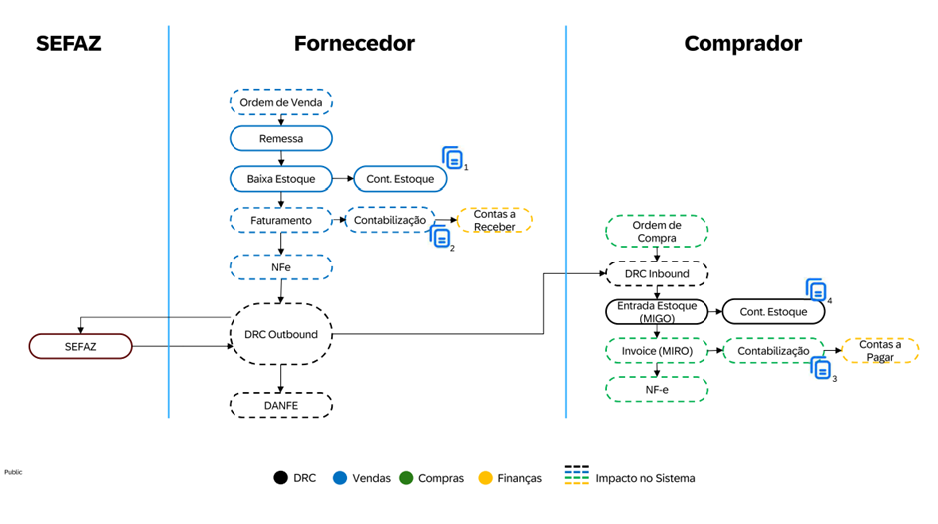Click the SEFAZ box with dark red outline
(80, 346)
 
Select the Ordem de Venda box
(280, 102)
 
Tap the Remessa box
(280, 138)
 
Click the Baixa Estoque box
(280, 179)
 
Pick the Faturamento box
(280, 220)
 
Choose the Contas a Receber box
(494, 220)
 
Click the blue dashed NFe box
(280, 267)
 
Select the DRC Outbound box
(280, 334)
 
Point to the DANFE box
(280, 404)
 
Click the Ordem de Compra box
(657, 231)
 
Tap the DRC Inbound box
(657, 274)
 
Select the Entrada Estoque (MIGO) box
(657, 311)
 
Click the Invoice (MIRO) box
(657, 350)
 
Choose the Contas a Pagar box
(879, 350)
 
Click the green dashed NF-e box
(657, 389)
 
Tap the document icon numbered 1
(453, 158)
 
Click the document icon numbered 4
(817, 290)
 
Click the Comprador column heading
(742, 43)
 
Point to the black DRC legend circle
(281, 478)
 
